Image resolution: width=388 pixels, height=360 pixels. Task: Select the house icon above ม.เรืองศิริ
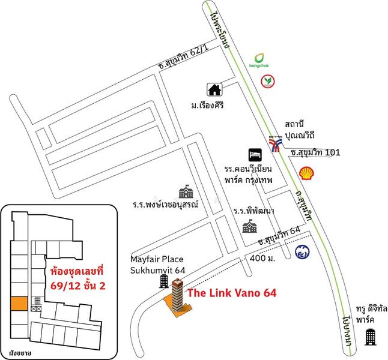pos(214,89)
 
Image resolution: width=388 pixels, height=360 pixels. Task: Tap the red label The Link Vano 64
pos(232,294)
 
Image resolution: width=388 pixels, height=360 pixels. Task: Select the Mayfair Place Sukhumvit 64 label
pos(159,265)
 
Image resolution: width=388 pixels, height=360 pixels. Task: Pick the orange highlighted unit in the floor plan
pos(17,304)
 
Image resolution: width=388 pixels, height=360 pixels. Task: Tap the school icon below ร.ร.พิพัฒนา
pos(248,227)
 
